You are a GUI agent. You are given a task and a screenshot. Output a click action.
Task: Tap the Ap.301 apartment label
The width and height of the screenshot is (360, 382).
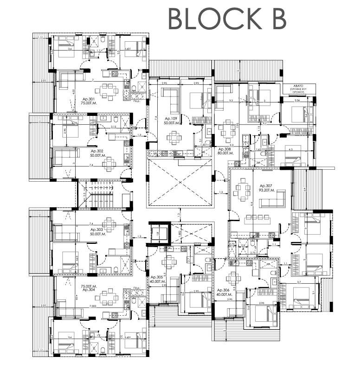[89, 99]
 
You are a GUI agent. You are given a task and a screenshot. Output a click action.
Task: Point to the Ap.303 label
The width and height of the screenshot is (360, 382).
[96, 229]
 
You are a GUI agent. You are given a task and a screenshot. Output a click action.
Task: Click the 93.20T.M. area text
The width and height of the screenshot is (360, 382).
[269, 190]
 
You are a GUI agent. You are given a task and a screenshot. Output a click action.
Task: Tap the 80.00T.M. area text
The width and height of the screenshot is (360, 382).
[226, 153]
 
